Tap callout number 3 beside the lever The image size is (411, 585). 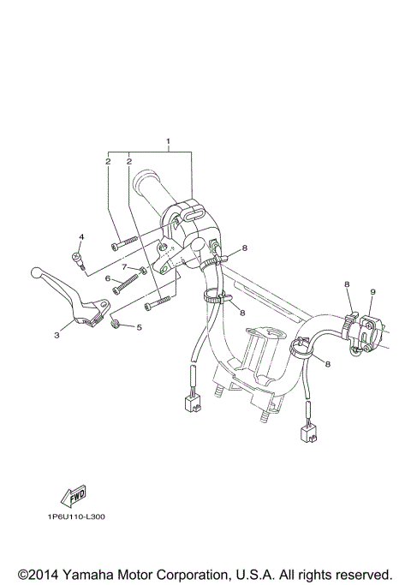point(57,335)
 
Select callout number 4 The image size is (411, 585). point(82,236)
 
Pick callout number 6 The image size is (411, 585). point(108,278)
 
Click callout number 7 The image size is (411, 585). point(123,267)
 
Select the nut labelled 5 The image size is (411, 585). point(119,325)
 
